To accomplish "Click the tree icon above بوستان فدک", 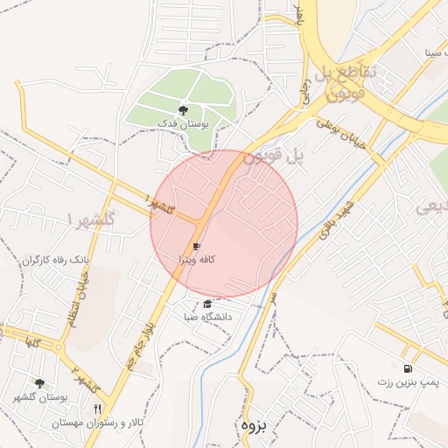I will [x=183, y=110].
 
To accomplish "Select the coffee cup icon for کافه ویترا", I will [x=196, y=247].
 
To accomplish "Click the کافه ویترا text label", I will [x=197, y=260].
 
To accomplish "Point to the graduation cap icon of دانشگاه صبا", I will [x=207, y=304].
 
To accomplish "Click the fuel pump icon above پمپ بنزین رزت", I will [x=407, y=368].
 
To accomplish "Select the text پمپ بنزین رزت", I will [x=408, y=382].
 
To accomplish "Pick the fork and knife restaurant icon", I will [x=97, y=409].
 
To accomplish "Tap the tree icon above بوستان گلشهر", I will [x=39, y=383].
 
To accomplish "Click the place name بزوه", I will [x=251, y=426].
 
